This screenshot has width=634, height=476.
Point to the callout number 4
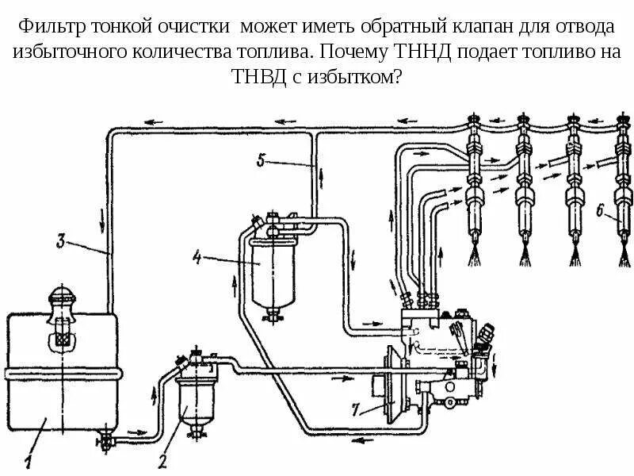[x=196, y=255]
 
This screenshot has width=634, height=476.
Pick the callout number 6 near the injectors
[x=599, y=211]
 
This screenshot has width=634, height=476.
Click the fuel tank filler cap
[x=59, y=300]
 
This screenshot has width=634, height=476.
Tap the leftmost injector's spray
[x=474, y=255]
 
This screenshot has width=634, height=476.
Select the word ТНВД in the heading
[x=255, y=79]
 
